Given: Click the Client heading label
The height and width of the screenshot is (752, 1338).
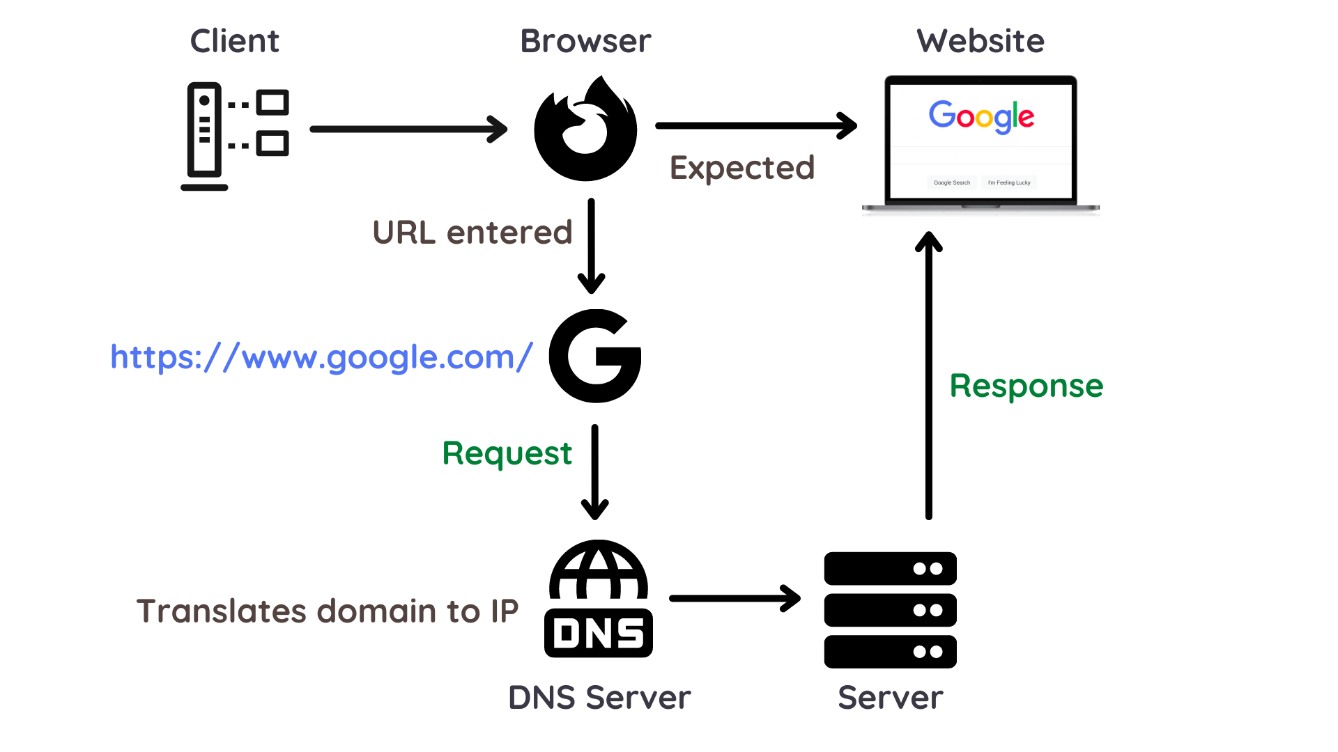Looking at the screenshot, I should pos(234,41).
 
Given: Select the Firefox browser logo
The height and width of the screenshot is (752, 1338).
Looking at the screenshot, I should pos(585,130).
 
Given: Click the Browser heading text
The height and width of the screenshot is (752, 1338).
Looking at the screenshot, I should pos(585,41).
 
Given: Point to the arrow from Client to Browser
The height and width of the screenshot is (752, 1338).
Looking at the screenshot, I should pos(408,129).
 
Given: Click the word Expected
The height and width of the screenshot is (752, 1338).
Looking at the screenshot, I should pos(742,168).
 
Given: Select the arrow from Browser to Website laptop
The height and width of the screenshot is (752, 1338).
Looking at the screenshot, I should pos(756,126).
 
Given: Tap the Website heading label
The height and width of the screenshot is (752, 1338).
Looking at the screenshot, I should pos(981,41).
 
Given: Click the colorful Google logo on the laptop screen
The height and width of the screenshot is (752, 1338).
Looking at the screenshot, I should pos(981,116).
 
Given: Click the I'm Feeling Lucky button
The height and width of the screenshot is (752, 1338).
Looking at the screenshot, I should pos(1009,182).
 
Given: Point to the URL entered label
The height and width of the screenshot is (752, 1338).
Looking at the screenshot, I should pos(472,233).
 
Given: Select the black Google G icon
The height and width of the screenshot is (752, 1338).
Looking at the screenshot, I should pos(595,356).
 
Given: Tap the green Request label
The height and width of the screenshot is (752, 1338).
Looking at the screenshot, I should pos(507,453).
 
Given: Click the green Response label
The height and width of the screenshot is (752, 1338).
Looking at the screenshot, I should pos(1026,386).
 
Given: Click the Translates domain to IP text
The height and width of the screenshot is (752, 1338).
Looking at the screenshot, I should pos(328,611).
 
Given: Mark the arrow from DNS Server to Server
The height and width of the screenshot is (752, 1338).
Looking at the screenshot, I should pos(735,598).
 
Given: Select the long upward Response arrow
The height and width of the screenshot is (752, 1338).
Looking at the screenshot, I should pos(928,376).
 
